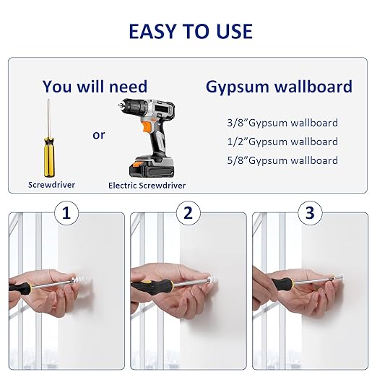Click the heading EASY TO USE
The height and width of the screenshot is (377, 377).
[x=191, y=32]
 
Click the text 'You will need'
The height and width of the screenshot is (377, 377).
[x=95, y=87]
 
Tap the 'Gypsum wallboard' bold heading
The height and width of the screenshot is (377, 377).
[x=279, y=87]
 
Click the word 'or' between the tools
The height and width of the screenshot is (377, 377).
[x=99, y=135]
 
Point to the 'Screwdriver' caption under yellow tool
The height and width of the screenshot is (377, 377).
[x=51, y=185]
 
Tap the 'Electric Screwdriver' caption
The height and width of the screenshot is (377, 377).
[x=147, y=186]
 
